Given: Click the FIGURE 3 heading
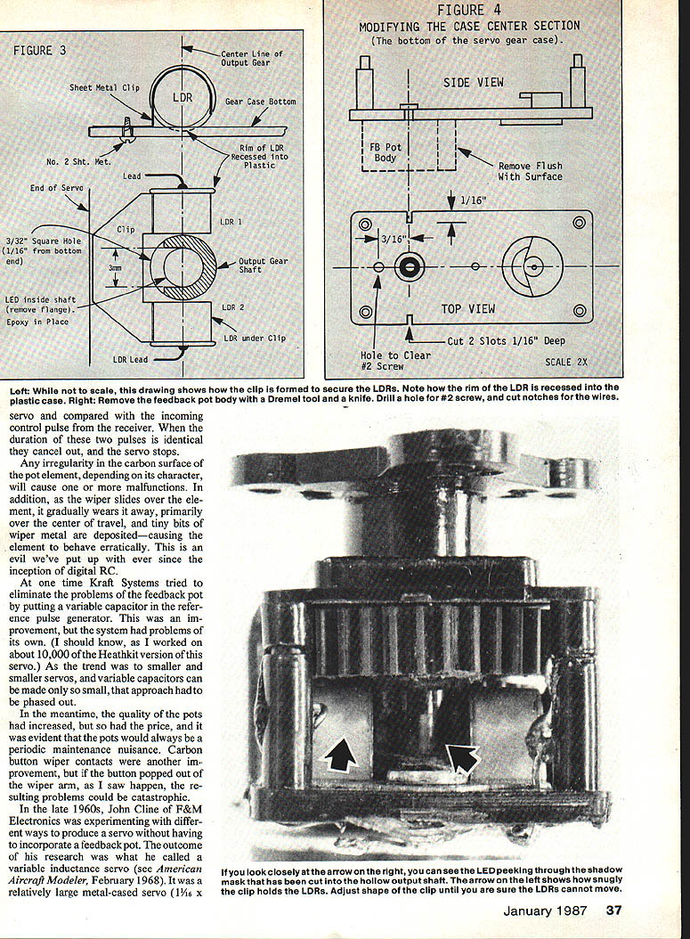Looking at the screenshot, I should (39, 51).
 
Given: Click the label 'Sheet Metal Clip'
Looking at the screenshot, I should (105, 88).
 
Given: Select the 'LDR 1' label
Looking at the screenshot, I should (231, 221).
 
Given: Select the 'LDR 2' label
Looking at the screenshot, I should (231, 307).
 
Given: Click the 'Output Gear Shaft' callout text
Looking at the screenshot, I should (264, 266).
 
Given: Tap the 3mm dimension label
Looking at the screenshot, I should (115, 268).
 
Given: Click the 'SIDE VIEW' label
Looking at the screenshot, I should (473, 82).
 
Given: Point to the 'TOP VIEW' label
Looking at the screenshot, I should (468, 308).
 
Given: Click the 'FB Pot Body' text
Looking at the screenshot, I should (385, 152).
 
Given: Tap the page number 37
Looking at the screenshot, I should (613, 910).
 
